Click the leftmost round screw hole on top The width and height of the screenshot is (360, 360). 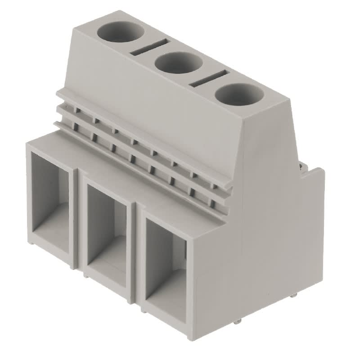point(121,32)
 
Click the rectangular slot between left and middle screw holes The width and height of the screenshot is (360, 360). point(150,47)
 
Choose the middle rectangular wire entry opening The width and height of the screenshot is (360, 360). point(107,234)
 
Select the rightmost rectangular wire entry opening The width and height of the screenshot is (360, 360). point(166,270)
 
